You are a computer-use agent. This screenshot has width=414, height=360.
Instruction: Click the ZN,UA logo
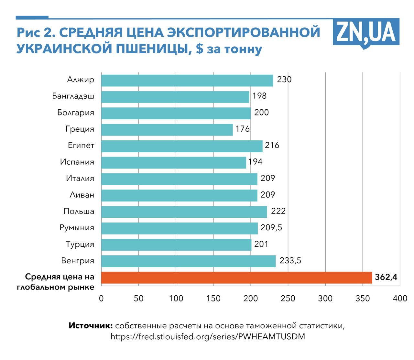click(x=366, y=32)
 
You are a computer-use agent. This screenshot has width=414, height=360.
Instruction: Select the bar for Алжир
click(x=187, y=80)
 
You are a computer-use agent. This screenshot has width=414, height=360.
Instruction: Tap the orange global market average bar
click(x=236, y=278)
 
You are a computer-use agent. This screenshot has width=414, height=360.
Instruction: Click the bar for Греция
click(x=167, y=129)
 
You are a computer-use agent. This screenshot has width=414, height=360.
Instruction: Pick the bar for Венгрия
click(x=188, y=261)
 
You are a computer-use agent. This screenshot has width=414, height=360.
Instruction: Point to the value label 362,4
click(x=386, y=278)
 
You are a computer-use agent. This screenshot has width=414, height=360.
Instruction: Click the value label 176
click(x=243, y=129)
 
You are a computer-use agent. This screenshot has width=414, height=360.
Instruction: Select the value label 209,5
click(x=271, y=228)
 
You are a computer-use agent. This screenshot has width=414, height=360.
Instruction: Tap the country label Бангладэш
click(x=73, y=96)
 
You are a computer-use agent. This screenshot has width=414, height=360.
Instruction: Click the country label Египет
click(x=81, y=145)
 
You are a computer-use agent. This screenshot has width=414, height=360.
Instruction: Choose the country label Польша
click(x=79, y=211)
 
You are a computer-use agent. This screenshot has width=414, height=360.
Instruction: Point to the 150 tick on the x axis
click(x=213, y=298)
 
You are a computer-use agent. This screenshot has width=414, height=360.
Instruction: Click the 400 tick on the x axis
click(x=400, y=298)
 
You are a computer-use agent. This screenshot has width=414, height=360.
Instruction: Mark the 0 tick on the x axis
click(x=101, y=298)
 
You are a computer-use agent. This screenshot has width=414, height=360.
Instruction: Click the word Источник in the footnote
click(x=91, y=326)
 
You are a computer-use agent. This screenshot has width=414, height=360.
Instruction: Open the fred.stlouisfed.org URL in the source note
click(x=208, y=337)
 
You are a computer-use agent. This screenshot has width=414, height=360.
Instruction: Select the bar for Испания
click(x=174, y=162)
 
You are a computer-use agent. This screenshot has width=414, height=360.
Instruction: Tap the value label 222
click(x=278, y=211)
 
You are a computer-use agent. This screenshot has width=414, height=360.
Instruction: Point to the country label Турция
click(x=80, y=244)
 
